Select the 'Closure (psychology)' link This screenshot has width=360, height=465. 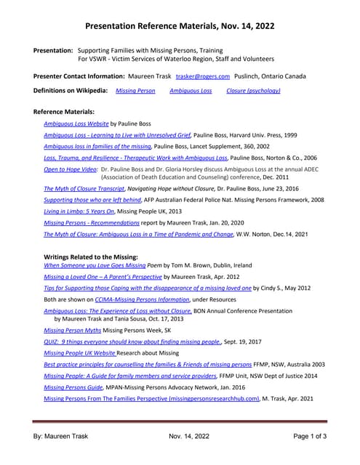pos(253,91)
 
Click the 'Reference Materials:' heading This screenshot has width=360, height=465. pos(64,112)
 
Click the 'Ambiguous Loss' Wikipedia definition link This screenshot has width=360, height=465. pos(191,91)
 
